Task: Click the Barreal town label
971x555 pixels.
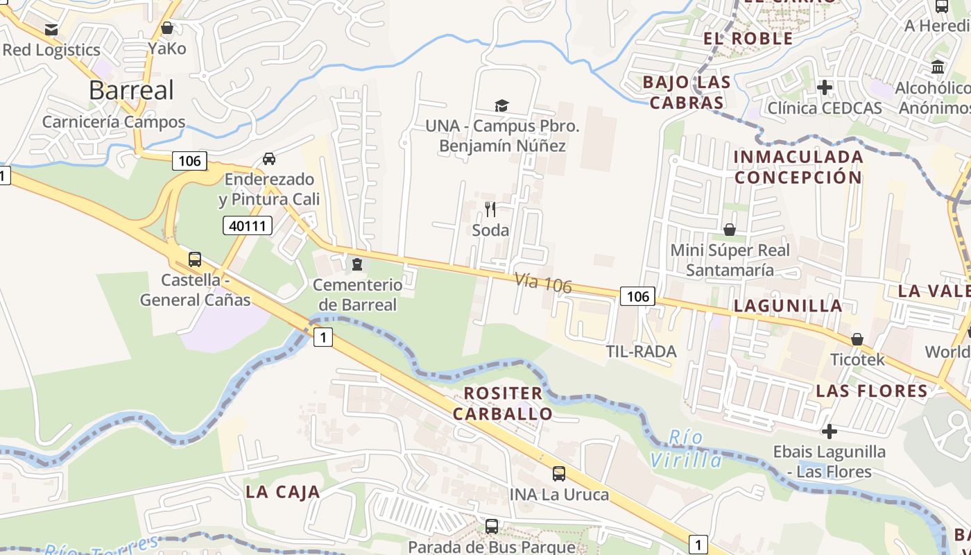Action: click(131, 90)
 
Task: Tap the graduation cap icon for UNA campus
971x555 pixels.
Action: click(501, 105)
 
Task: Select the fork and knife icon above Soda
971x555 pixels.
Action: click(490, 209)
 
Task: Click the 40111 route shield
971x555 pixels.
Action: click(248, 225)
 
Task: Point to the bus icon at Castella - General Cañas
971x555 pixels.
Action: click(195, 259)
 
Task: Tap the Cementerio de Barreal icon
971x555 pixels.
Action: click(356, 264)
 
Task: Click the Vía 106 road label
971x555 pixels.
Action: click(543, 282)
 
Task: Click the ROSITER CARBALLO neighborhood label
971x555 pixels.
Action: click(503, 403)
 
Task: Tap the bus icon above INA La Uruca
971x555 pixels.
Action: click(559, 474)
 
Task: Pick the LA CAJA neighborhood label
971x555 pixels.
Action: click(283, 492)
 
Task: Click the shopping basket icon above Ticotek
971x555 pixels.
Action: click(857, 339)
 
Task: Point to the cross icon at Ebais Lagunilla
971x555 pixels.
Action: click(830, 432)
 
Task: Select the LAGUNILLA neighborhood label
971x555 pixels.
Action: click(788, 305)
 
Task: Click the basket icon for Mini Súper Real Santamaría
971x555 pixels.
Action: click(730, 229)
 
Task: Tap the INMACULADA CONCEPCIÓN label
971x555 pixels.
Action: click(798, 166)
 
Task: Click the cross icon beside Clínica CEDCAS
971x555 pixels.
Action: click(825, 87)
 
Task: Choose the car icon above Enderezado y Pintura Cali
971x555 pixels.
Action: click(269, 159)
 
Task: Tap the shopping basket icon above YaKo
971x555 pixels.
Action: click(167, 28)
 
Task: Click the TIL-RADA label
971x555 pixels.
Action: click(641, 351)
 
